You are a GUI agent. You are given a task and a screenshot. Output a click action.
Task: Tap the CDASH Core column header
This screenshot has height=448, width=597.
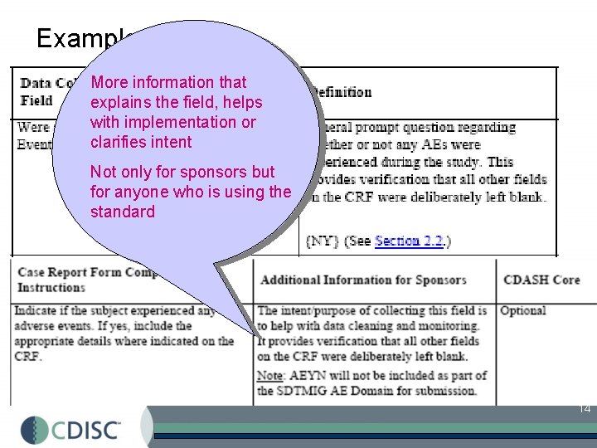pyautogui.click(x=541, y=280)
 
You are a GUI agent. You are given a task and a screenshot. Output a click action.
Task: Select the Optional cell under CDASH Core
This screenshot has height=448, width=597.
pyautogui.click(x=522, y=310)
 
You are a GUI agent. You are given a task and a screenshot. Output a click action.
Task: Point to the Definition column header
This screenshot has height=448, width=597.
pyautogui.click(x=340, y=92)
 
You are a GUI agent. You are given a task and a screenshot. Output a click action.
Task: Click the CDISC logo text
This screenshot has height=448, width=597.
pyautogui.click(x=86, y=429)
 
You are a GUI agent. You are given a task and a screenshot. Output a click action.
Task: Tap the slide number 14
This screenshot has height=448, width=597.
pyautogui.click(x=584, y=408)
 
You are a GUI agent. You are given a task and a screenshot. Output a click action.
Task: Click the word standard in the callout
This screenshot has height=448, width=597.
pyautogui.click(x=122, y=212)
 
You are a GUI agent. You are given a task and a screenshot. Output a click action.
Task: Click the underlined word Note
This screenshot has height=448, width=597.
pyautogui.click(x=270, y=376)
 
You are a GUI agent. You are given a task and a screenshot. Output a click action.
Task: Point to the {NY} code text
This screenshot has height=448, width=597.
pyautogui.click(x=320, y=241)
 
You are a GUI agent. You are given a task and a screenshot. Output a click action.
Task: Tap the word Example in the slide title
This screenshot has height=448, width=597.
pyautogui.click(x=79, y=39)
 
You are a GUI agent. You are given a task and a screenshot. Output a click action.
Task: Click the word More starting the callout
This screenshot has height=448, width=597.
pyautogui.click(x=108, y=82)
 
